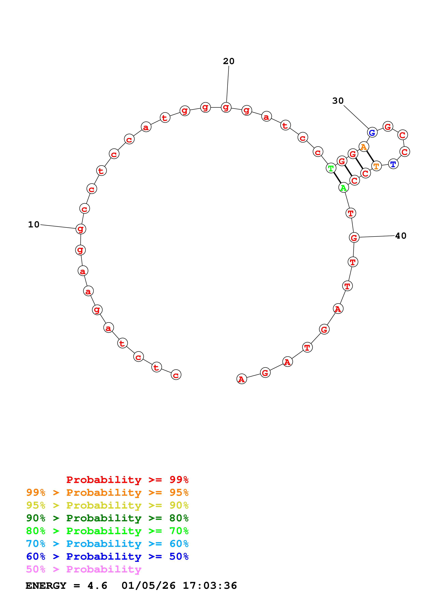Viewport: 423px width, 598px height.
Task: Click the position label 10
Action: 34,224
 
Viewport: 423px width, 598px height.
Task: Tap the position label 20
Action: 229,61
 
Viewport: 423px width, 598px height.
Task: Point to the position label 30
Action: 338,101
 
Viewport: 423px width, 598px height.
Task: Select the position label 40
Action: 401,236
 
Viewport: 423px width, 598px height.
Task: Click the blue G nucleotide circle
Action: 372,133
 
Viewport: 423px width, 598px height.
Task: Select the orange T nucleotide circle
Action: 376,166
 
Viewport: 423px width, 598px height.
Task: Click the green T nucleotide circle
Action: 331,168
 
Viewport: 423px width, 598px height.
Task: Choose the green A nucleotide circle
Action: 343,187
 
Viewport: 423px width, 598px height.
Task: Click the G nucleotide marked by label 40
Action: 354,237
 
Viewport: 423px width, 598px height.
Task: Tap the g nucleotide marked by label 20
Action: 226,107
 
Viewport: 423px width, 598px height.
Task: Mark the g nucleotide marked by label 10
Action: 81,229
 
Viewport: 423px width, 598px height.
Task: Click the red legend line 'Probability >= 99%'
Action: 127,480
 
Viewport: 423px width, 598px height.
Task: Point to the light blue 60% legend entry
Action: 107,544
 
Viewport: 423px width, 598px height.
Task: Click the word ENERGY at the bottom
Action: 46,586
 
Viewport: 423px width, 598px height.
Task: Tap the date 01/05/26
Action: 148,586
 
